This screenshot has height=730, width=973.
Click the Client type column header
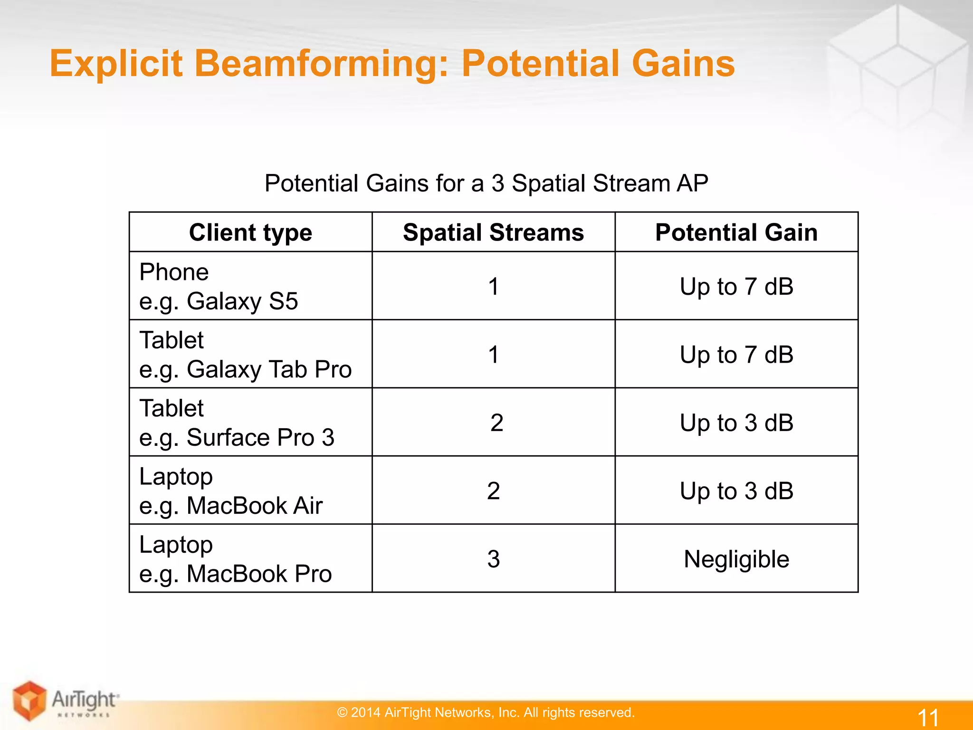[x=250, y=232]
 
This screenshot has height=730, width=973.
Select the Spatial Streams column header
[x=493, y=232]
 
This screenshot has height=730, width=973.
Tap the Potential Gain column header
[x=736, y=232]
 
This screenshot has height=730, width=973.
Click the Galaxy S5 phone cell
[x=219, y=287]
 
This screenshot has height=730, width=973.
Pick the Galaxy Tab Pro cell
[x=245, y=355]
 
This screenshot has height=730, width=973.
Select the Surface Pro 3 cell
[x=237, y=423]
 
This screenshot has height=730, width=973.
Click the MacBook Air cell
[x=231, y=491]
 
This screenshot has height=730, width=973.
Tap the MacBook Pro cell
[x=235, y=559]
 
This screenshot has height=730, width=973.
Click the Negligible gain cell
[x=736, y=559]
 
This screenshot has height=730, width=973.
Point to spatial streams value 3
[x=493, y=559]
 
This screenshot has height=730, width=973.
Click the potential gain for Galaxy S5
[x=736, y=287]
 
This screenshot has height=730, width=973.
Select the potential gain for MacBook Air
[x=736, y=491]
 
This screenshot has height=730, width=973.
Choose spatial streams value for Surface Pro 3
[x=496, y=423]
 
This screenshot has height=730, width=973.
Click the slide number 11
[x=927, y=717]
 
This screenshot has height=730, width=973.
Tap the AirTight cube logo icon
[x=29, y=701]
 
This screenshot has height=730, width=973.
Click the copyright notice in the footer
[x=486, y=712]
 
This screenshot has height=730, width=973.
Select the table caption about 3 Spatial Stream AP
[x=486, y=183]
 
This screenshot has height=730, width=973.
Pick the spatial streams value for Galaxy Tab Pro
[x=493, y=355]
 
